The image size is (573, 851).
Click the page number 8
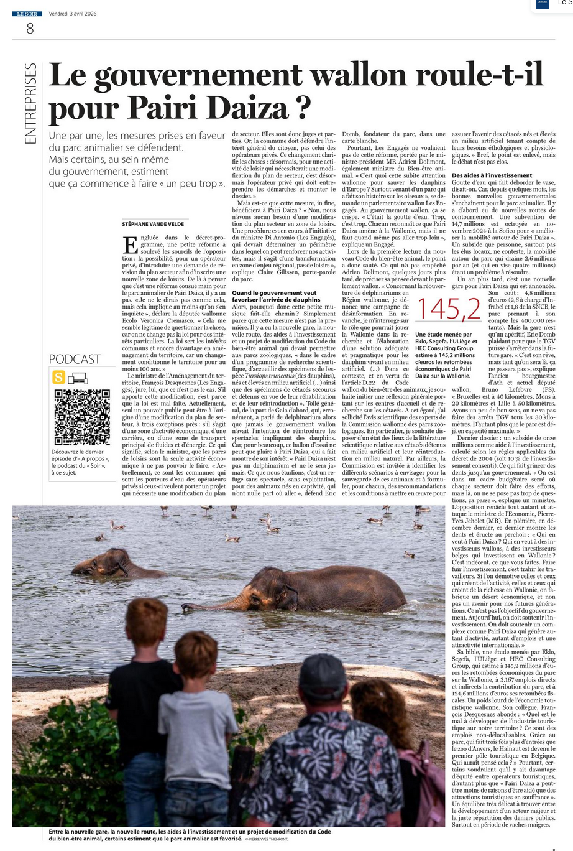[29, 28]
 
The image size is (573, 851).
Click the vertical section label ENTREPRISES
[30, 103]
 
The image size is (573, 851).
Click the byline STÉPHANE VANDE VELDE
[152, 223]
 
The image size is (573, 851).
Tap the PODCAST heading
[75, 359]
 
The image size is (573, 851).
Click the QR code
[82, 417]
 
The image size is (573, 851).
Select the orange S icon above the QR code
[59, 377]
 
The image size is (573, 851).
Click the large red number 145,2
[448, 309]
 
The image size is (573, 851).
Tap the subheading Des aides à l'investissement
[492, 175]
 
